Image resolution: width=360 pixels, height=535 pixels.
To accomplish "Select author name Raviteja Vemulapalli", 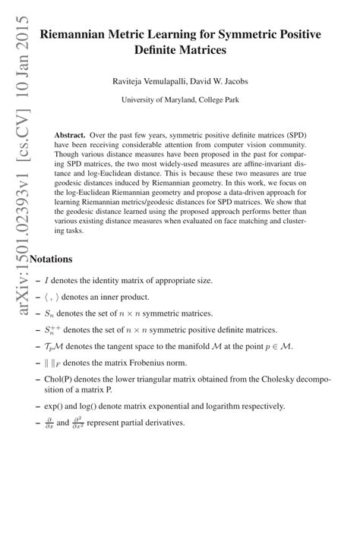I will coord(144,80).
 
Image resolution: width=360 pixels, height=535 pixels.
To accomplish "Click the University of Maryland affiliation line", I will coord(180,99).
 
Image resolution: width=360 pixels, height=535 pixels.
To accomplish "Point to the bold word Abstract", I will coord(70,134).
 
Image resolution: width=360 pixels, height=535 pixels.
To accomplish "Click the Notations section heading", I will coord(50,258).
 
